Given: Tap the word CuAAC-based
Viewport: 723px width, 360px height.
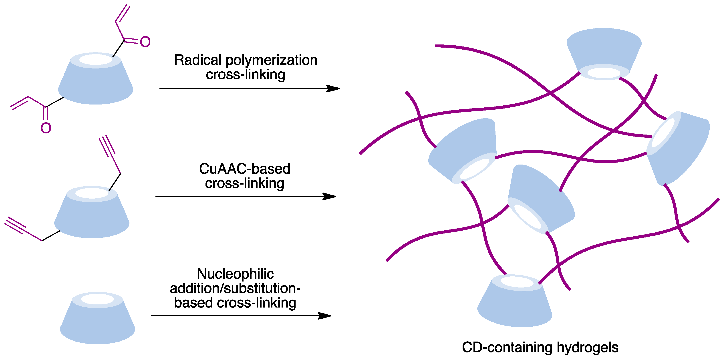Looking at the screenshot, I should tap(244, 169).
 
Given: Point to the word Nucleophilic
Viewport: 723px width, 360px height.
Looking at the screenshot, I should tap(235, 274).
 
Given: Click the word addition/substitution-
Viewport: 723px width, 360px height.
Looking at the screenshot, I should tap(235, 288).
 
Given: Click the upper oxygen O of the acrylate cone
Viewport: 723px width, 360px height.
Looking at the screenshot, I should tap(145, 42).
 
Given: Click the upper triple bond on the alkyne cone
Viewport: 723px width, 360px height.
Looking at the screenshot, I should tap(107, 146).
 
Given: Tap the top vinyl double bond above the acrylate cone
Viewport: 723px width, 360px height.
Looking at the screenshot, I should tap(123, 14).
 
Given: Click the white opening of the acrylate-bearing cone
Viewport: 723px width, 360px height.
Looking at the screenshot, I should tap(96, 60).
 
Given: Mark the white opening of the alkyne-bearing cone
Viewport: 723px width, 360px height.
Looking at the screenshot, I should tap(92, 193).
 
